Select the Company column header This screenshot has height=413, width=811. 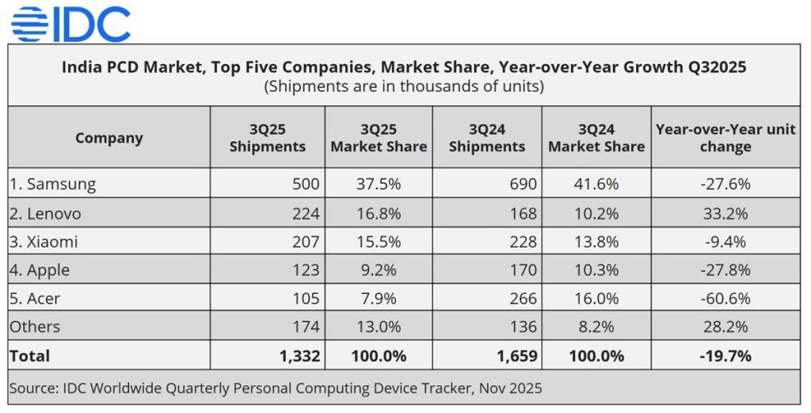tap(109, 138)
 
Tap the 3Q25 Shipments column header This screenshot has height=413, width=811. tap(267, 138)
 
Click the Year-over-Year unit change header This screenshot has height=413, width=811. tap(725, 138)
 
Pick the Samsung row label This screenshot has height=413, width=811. tap(53, 184)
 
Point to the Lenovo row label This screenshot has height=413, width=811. tap(46, 213)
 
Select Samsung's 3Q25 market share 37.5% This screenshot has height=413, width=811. tap(379, 184)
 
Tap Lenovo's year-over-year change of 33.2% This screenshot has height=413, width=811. tap(725, 213)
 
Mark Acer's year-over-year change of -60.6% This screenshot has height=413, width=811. tap(725, 298)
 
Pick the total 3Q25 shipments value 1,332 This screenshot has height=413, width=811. tap(300, 356)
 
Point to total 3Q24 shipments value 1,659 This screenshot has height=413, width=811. tap(516, 356)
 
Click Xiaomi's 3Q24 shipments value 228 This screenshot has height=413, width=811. tap(524, 242)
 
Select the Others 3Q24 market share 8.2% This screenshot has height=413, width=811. tap(596, 327)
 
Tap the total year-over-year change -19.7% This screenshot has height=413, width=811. tap(725, 356)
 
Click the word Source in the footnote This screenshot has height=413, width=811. tap(32, 389)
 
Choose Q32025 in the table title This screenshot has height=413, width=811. tap(710, 67)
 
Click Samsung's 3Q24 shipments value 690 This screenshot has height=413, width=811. tap(524, 184)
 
